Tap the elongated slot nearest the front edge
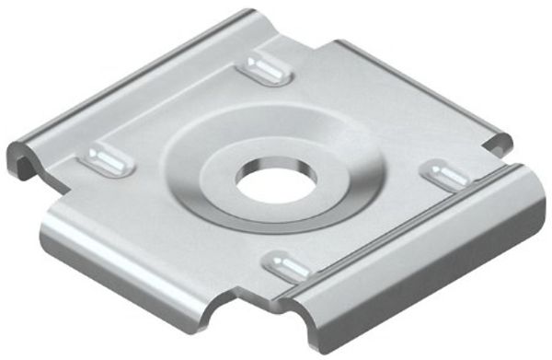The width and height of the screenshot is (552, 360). (x=287, y=265)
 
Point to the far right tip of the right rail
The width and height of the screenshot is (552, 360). (x=538, y=180)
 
